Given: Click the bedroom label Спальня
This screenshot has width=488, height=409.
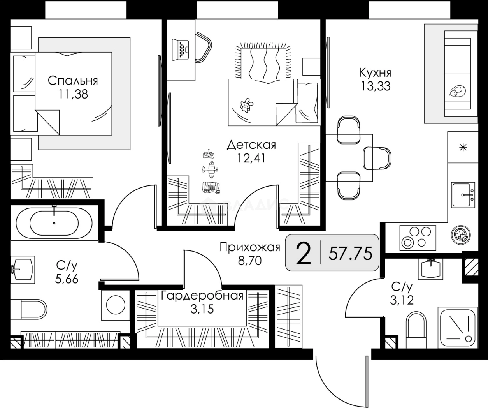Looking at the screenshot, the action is coord(73,81).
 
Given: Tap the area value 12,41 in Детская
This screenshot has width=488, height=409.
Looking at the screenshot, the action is coord(251,159).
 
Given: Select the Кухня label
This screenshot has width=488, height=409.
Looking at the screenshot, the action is coord(376,73).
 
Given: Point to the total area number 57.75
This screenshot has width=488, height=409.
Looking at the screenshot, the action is coord(350,254).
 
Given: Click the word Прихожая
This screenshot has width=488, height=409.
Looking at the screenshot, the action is coord(250,247).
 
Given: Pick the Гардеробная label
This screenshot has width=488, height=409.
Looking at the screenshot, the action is coord(202,296).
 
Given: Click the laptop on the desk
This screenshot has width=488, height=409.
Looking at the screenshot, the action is coord(180,50).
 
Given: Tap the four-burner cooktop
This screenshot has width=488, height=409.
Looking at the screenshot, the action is coord(418,238).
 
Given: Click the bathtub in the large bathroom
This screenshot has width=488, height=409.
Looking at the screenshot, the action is coord(54,222).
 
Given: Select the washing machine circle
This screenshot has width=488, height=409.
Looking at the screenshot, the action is coord(116,305).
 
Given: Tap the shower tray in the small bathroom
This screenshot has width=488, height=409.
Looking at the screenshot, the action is coord(458,328).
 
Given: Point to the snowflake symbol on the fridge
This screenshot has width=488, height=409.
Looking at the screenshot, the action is coord(463,147).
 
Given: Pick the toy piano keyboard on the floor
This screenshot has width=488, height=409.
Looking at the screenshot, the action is coord(211,188).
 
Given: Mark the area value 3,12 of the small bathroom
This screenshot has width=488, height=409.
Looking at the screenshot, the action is coord(402,300).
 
